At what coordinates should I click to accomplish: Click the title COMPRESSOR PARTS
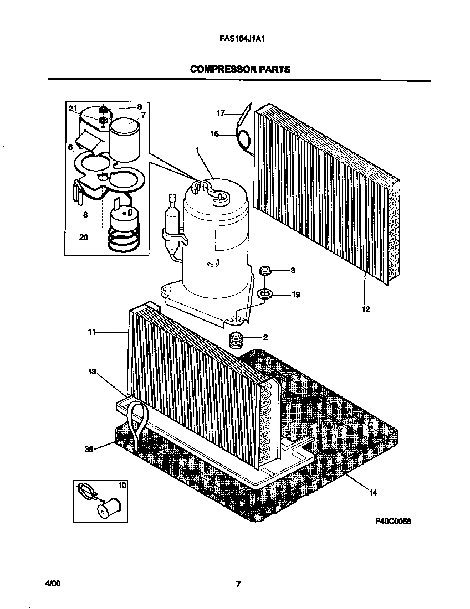(240, 69)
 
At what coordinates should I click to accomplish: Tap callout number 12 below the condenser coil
(365, 309)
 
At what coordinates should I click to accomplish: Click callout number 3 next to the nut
(293, 270)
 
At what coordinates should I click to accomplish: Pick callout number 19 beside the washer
(295, 295)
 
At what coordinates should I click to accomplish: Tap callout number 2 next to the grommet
(265, 337)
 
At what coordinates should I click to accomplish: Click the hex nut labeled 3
(264, 271)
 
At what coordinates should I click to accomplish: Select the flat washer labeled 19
(265, 294)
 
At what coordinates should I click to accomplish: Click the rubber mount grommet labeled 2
(237, 339)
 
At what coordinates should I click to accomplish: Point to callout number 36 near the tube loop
(89, 449)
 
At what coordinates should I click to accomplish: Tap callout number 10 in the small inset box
(121, 486)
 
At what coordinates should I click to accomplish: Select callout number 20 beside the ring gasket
(83, 238)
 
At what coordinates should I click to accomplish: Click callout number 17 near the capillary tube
(221, 113)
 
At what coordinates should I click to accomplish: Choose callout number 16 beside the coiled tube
(214, 133)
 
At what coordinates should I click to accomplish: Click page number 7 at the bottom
(237, 585)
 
